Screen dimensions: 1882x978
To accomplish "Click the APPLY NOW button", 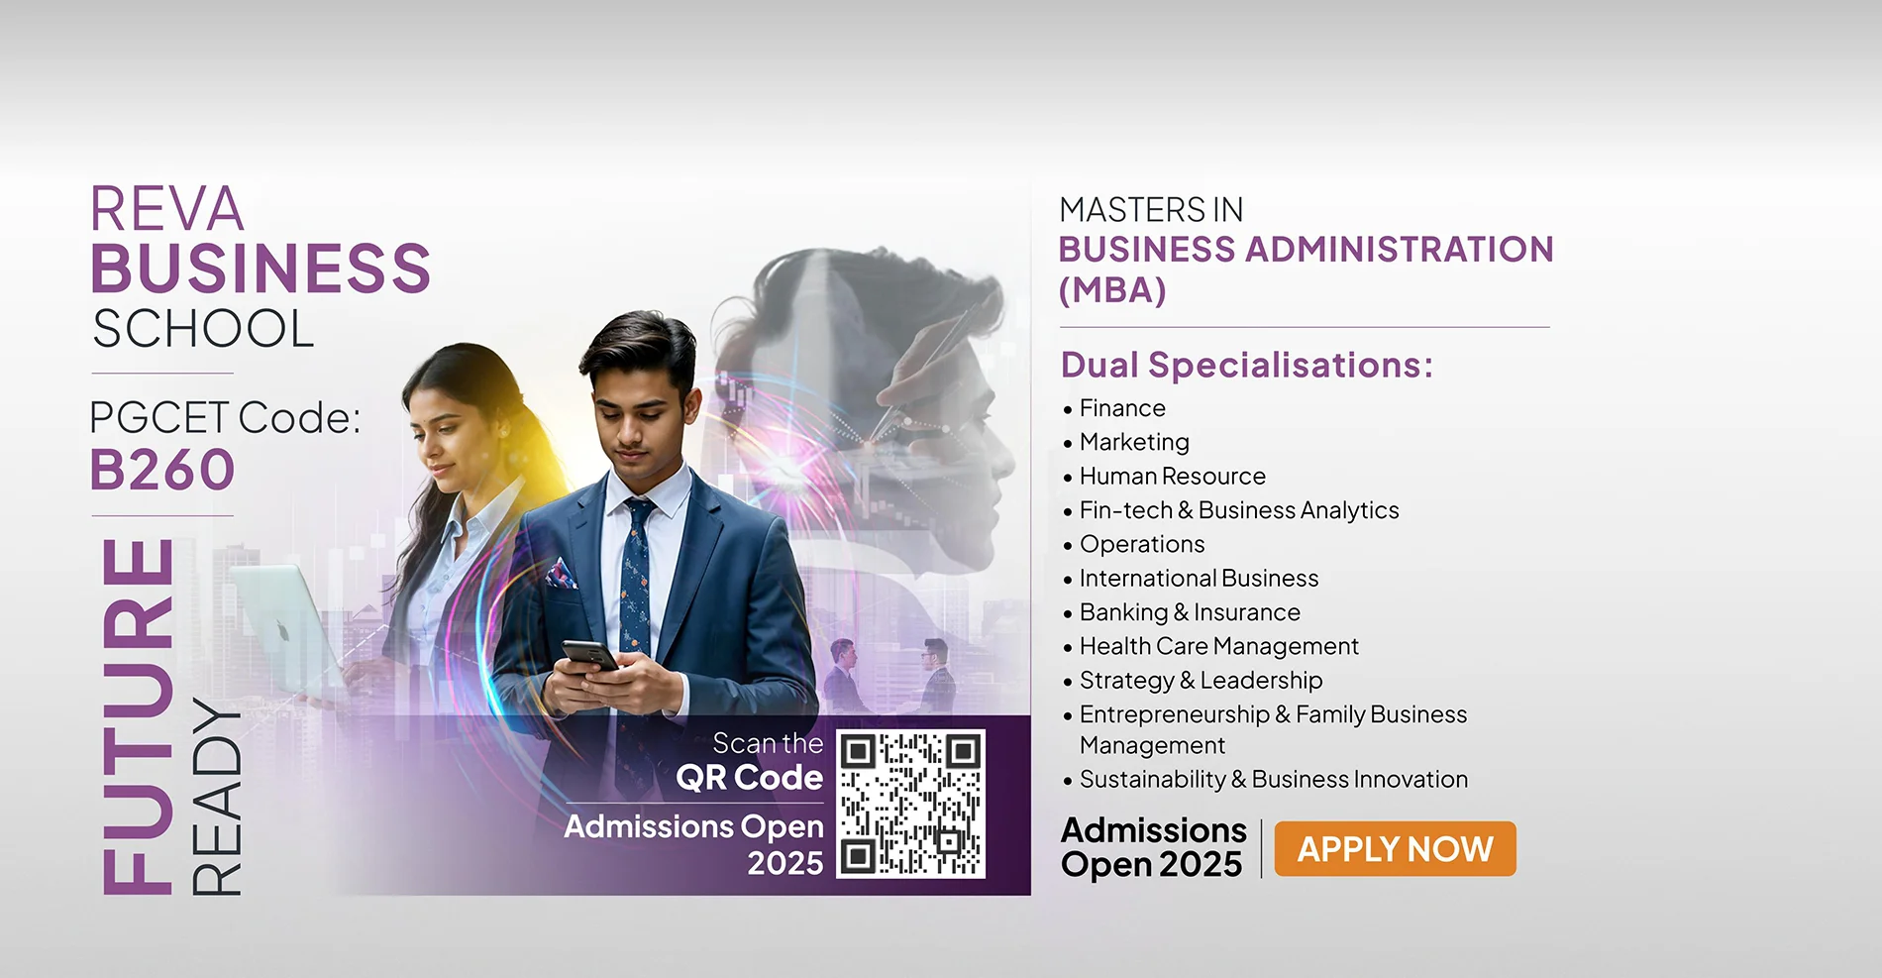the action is point(1395,848).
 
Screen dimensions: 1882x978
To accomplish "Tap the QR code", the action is point(910,804).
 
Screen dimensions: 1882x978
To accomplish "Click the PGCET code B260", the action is point(162,470).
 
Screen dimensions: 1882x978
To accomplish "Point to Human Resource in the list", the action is point(1164,477).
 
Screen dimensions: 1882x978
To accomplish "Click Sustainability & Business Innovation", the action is point(1265,780).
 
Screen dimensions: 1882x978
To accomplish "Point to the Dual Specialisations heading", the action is point(1247,366).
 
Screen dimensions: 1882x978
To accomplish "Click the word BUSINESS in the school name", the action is point(261,269).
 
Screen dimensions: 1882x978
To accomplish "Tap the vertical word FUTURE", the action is point(139,716).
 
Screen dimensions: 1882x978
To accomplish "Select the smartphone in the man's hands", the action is point(590,655).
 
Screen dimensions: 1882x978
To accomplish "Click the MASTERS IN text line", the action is point(1151,210).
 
